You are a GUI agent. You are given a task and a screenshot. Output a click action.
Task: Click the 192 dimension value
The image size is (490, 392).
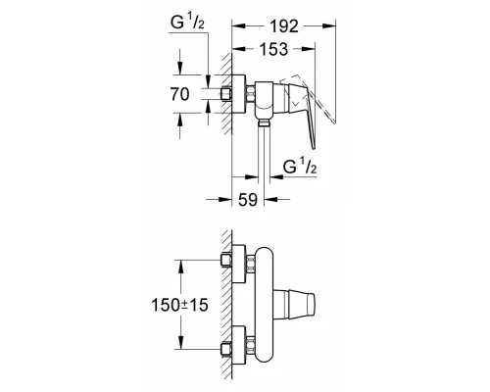click(284, 26)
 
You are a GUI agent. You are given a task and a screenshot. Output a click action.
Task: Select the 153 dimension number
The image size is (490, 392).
click(273, 49)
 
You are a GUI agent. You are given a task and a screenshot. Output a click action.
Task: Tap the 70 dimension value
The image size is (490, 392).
click(179, 94)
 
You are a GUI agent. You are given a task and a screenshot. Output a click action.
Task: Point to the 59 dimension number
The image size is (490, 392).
click(248, 199)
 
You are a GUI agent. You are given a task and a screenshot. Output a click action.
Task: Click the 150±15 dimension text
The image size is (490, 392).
click(179, 305)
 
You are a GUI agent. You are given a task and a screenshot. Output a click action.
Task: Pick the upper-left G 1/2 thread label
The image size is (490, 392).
click(187, 23)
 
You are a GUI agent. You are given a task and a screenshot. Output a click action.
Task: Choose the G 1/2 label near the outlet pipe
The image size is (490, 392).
click(300, 166)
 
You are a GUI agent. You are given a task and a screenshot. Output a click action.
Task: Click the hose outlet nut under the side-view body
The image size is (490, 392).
click(264, 122)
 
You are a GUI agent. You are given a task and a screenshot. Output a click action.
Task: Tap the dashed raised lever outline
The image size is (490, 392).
click(308, 98)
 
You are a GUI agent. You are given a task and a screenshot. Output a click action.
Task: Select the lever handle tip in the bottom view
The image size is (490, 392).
click(311, 305)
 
